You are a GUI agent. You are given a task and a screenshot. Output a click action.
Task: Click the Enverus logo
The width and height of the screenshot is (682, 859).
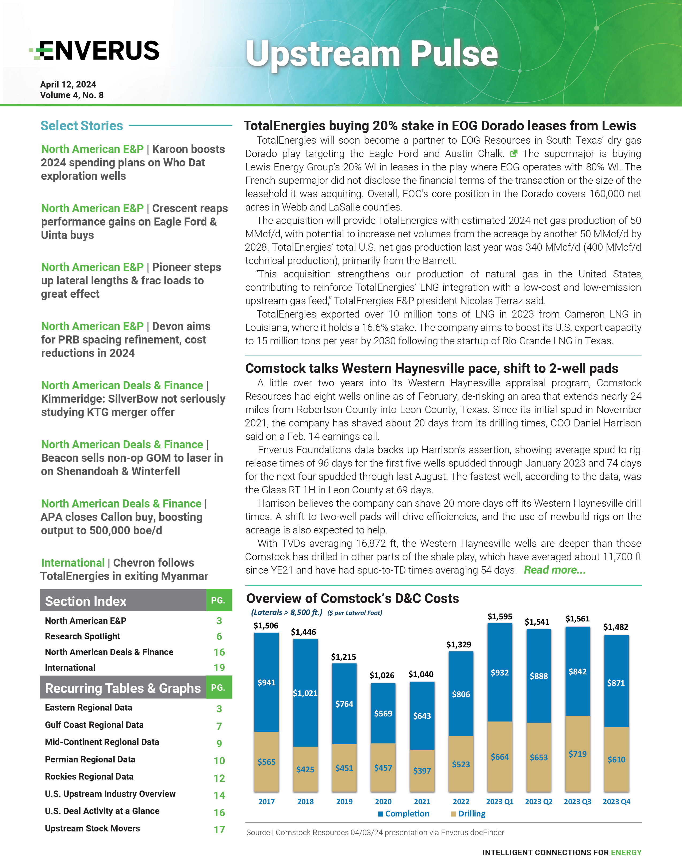pos(95,51)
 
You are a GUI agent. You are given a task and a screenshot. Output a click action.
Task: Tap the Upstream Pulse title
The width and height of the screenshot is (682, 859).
pos(371,54)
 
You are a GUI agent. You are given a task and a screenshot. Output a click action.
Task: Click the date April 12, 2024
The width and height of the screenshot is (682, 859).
pos(68,85)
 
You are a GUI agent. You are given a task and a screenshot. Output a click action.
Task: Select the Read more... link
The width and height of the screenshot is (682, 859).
pos(554,570)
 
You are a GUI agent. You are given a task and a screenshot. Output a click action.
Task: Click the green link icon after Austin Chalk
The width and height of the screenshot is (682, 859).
pos(514,153)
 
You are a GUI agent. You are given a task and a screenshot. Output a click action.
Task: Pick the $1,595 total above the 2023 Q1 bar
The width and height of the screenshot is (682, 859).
pos(500,616)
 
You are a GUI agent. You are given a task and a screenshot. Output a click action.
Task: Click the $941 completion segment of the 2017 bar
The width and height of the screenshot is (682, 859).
pos(266,682)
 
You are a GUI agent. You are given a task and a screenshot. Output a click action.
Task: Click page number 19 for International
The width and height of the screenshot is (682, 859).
pos(219,667)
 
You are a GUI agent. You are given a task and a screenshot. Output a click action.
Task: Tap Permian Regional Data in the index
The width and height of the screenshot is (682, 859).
pos(90,759)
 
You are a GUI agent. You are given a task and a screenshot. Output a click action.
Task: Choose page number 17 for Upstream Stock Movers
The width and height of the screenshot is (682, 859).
pos(219,830)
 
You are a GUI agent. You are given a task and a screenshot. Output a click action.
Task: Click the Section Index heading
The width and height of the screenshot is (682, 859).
pos(86,601)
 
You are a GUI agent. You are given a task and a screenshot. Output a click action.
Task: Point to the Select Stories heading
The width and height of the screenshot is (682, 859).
pos(82,126)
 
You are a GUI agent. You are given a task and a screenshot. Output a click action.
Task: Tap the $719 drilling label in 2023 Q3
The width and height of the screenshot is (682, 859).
pos(577,754)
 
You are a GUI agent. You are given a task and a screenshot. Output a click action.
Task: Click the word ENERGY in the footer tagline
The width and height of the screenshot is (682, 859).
pos(626,852)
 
